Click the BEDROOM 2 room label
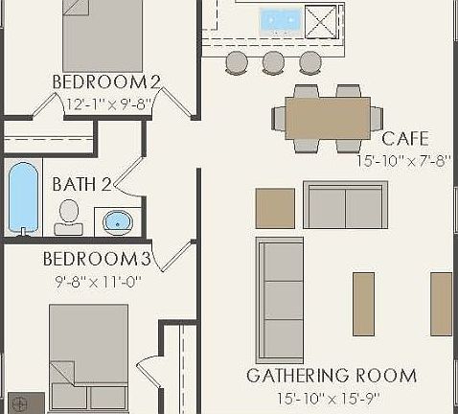point(105,80)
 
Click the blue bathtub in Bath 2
point(23,198)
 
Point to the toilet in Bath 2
point(68,217)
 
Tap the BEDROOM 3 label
point(97,259)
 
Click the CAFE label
point(404,139)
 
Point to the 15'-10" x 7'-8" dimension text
point(402,161)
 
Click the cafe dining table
point(328,118)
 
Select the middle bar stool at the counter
point(273,63)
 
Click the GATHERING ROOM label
point(332,375)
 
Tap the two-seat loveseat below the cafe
point(346,203)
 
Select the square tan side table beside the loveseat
point(275,208)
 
